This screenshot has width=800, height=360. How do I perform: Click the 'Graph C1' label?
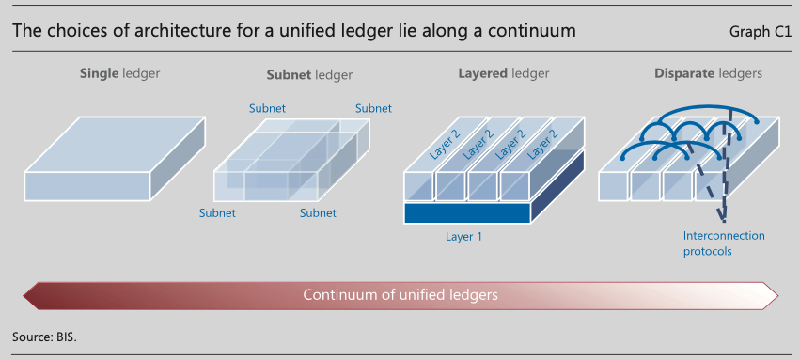click(x=761, y=32)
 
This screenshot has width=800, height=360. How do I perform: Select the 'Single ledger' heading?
click(x=119, y=73)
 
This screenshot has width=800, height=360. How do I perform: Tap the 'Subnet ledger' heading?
click(x=309, y=75)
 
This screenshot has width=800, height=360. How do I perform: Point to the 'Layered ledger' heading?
click(x=503, y=73)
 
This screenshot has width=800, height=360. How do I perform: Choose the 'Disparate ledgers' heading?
click(x=708, y=73)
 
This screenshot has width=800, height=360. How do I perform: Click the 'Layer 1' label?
click(x=463, y=237)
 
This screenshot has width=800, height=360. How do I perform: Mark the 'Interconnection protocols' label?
click(x=724, y=243)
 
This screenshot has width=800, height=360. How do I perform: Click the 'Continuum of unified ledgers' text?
click(x=400, y=295)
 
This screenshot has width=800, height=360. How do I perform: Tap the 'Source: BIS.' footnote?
click(x=44, y=337)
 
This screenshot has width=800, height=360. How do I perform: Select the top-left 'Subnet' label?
click(x=267, y=109)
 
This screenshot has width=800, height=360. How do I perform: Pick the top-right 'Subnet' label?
click(x=373, y=109)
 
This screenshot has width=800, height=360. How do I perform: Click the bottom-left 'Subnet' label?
click(x=217, y=213)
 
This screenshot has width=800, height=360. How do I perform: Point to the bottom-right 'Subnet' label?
click(x=318, y=213)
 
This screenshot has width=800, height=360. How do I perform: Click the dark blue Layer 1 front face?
click(x=467, y=212)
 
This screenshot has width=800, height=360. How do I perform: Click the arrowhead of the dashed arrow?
click(x=723, y=218)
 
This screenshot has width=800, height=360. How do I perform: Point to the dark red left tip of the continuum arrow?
click(x=24, y=296)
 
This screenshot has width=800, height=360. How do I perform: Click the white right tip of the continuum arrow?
click(x=776, y=296)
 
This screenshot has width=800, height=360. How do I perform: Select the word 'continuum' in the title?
click(x=531, y=31)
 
